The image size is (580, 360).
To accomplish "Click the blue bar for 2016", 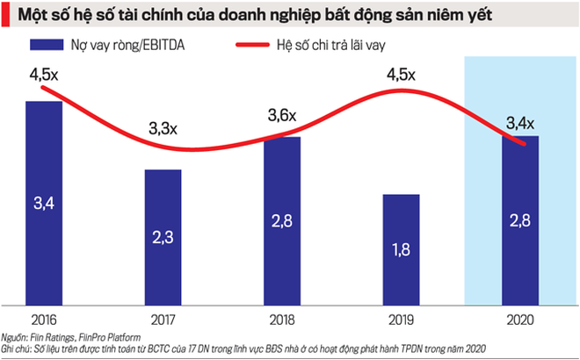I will pyautogui.click(x=44, y=202).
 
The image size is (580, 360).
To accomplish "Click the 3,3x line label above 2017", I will pyautogui.click(x=163, y=129).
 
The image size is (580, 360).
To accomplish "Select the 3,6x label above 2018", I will pyautogui.click(x=282, y=115).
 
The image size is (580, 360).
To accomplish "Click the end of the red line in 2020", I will pyautogui.click(x=525, y=144).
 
